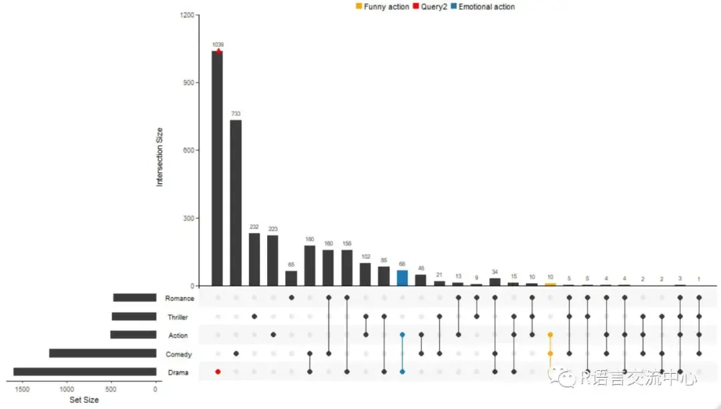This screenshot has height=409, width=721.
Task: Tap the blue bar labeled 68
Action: pos(402,278)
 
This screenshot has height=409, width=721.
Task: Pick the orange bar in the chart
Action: pos(549,284)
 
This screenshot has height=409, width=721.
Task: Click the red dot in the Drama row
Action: pos(218,372)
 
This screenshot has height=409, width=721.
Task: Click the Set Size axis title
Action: pos(84,400)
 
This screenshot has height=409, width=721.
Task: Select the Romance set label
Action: pos(180,298)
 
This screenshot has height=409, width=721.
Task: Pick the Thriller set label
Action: pos(181,317)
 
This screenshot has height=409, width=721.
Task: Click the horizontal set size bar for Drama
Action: pos(85,372)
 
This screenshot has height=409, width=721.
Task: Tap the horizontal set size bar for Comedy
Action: pos(102,353)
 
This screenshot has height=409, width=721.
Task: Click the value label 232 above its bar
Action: pos(254,227)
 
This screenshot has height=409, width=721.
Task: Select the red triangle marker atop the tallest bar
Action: pos(218,51)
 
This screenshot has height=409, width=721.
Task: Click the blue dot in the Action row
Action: pos(402,335)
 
